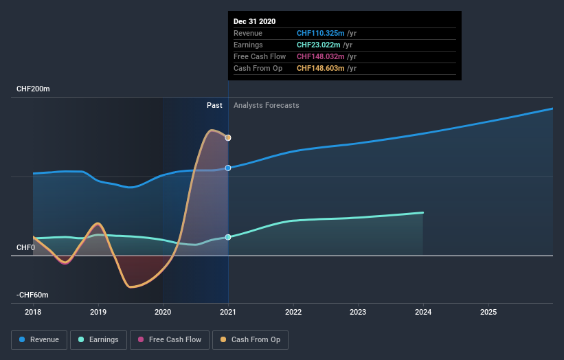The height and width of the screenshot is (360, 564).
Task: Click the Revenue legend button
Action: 39,339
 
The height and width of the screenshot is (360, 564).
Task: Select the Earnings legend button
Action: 98,339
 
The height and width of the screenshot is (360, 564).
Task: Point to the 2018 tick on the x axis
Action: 33,311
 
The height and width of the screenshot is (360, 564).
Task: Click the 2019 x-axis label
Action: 98,311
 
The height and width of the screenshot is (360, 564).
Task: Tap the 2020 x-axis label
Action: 163,311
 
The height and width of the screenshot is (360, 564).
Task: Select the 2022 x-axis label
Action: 293,311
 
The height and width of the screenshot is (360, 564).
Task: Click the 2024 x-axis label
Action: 423,311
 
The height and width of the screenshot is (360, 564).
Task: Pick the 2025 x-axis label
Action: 488,311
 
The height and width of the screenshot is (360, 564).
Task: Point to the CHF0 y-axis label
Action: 25,247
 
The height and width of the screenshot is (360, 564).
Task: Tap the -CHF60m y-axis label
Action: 33,295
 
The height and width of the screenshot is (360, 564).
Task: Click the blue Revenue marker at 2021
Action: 228,168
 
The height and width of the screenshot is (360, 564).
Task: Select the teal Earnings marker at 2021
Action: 228,237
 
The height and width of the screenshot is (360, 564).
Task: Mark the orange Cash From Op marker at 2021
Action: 228,138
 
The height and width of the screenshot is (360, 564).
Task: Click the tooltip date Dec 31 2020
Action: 254,21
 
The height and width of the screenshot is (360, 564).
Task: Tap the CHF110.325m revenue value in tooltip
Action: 321,33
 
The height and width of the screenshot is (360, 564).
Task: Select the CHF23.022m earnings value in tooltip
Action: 318,45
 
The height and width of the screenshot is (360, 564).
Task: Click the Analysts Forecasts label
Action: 266,105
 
